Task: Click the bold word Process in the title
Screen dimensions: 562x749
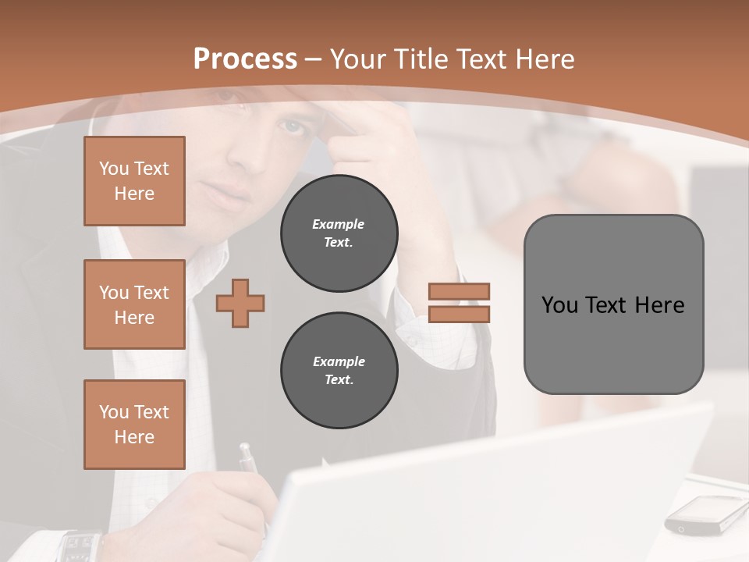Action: [x=245, y=59]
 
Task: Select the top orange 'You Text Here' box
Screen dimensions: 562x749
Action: [x=134, y=181]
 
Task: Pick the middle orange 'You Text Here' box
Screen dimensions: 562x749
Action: [x=134, y=304]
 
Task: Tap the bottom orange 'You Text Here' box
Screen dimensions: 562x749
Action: [x=134, y=424]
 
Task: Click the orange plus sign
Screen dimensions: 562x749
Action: [x=240, y=303]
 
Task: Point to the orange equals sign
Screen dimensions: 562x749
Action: [x=459, y=303]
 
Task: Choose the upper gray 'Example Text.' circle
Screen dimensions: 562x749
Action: [x=339, y=233]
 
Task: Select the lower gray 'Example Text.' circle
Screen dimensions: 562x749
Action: [x=339, y=370]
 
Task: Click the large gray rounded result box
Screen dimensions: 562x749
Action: [x=613, y=304]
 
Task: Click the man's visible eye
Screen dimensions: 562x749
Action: [x=292, y=126]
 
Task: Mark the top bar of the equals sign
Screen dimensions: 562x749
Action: [x=459, y=292]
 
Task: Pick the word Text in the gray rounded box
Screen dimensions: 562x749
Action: [x=609, y=304]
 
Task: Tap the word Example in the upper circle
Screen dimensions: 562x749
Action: [x=339, y=224]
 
